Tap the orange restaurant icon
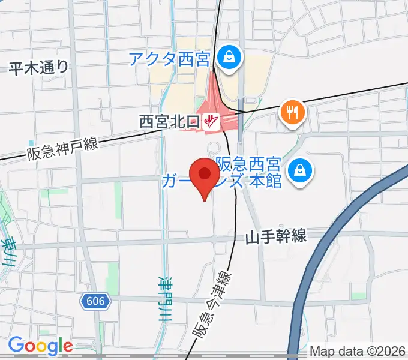coord(292,112)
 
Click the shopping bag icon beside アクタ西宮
coord(229,58)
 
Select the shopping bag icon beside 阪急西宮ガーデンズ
coord(298,170)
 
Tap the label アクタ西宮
coord(169,59)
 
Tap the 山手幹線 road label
coord(275,237)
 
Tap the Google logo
coord(40,346)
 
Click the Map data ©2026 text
coord(358,351)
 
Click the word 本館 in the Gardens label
coord(265,181)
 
